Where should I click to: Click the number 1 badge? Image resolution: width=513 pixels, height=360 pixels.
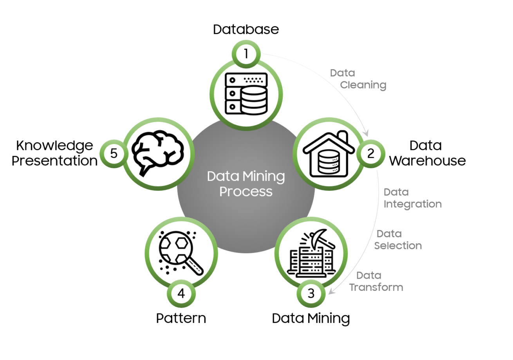pos(246,54)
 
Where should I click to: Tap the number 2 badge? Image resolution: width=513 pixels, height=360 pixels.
pos(370,153)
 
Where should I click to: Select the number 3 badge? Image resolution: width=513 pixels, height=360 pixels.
pos(311,293)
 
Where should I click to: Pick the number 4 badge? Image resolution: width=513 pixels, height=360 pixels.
pos(181,293)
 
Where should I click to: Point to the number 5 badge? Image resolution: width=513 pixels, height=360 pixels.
pos(114,153)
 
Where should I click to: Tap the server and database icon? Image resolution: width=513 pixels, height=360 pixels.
pos(246,93)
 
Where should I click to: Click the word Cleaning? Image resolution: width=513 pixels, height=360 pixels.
pos(363,85)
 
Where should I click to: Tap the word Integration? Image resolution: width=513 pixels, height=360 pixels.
pos(413,204)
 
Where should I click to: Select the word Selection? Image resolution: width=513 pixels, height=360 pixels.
pos(398,246)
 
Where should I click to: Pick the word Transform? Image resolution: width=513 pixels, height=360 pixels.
pos(376,288)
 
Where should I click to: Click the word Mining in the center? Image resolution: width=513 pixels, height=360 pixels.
pos(263,176)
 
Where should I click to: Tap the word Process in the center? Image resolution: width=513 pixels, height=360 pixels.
pos(246,192)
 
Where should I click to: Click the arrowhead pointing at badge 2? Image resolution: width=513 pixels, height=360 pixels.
pos(367,134)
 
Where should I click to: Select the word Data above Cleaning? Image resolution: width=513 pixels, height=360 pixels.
pos(342,73)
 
